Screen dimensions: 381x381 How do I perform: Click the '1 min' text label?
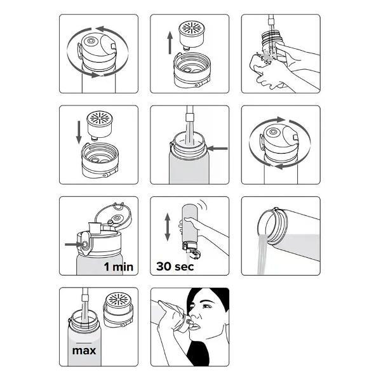(119, 267)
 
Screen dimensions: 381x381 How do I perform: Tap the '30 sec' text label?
(175, 266)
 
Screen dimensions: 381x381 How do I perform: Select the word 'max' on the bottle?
(84, 351)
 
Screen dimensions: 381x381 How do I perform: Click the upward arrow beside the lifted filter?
(170, 43)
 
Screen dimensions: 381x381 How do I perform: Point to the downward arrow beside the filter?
(79, 133)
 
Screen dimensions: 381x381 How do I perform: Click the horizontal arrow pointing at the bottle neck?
(217, 148)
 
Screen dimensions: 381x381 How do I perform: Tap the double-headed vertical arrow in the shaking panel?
(168, 227)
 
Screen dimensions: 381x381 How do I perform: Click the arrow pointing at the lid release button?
(74, 244)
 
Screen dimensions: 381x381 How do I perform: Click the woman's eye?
(206, 306)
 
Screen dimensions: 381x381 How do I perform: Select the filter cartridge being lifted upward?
(192, 35)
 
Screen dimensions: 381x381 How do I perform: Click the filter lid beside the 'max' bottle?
(119, 309)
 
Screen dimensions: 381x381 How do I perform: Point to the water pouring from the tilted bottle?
(263, 253)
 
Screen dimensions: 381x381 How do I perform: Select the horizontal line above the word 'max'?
(84, 343)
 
